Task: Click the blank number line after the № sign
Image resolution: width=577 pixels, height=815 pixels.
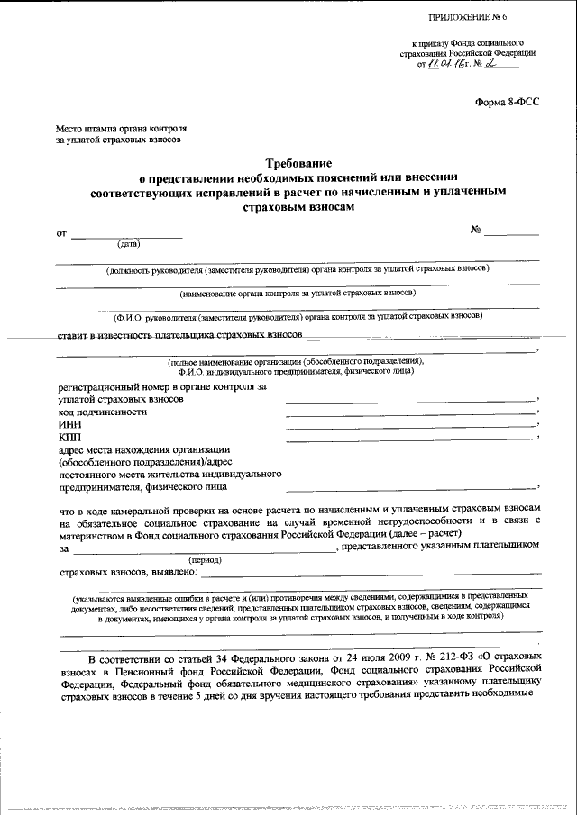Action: pyautogui.click(x=511, y=233)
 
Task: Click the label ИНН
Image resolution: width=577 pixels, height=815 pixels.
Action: pyautogui.click(x=69, y=424)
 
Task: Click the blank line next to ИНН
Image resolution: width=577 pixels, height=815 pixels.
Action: pyautogui.click(x=410, y=424)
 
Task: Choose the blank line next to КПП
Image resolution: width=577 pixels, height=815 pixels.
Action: pyautogui.click(x=410, y=438)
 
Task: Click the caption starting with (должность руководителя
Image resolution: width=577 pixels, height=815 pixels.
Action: pyautogui.click(x=297, y=269)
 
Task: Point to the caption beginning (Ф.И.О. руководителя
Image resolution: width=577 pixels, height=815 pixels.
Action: pyautogui.click(x=297, y=316)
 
